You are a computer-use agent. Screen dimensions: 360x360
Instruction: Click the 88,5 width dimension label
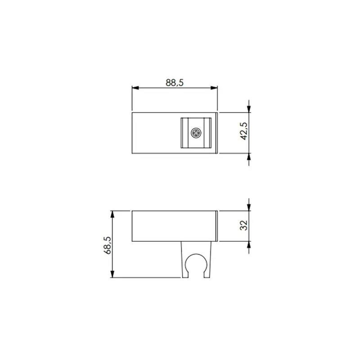175,83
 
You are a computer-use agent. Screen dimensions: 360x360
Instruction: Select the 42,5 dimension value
244,131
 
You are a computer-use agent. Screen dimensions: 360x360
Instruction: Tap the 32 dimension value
243,225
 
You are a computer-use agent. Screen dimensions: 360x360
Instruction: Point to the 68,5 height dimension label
107,245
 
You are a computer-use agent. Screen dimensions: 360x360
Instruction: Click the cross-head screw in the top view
196,133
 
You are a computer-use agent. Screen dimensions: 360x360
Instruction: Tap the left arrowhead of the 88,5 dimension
135,88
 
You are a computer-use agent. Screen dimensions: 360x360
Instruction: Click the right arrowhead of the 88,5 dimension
214,88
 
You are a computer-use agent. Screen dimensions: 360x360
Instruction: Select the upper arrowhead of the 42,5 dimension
249,109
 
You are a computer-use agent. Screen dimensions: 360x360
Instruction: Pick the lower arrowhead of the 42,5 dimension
249,157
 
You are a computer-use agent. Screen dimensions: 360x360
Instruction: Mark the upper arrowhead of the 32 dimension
249,207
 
